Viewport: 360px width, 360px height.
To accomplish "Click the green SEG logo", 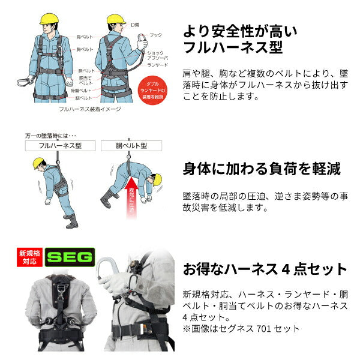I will click(x=70, y=258).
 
